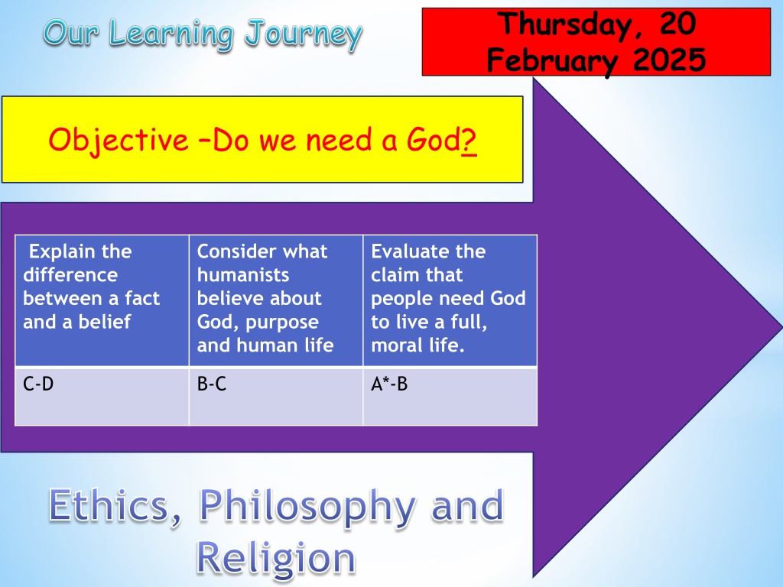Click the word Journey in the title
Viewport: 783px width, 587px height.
click(x=304, y=35)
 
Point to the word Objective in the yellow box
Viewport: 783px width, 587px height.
click(x=119, y=141)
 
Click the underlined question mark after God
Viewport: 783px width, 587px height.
click(x=469, y=141)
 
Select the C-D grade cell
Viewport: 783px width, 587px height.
click(x=102, y=397)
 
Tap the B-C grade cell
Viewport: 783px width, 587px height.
click(x=275, y=397)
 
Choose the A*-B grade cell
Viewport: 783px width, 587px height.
click(x=450, y=397)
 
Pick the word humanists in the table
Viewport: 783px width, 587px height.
click(x=243, y=275)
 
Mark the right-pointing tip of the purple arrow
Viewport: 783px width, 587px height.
click(x=781, y=327)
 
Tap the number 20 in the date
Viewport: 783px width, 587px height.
click(x=677, y=24)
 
